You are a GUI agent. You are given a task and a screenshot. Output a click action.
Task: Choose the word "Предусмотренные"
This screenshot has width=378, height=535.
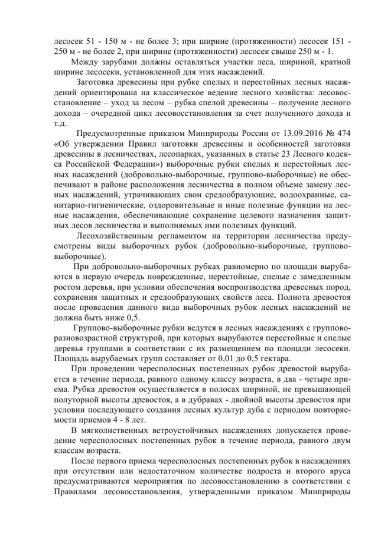click(112, 134)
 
